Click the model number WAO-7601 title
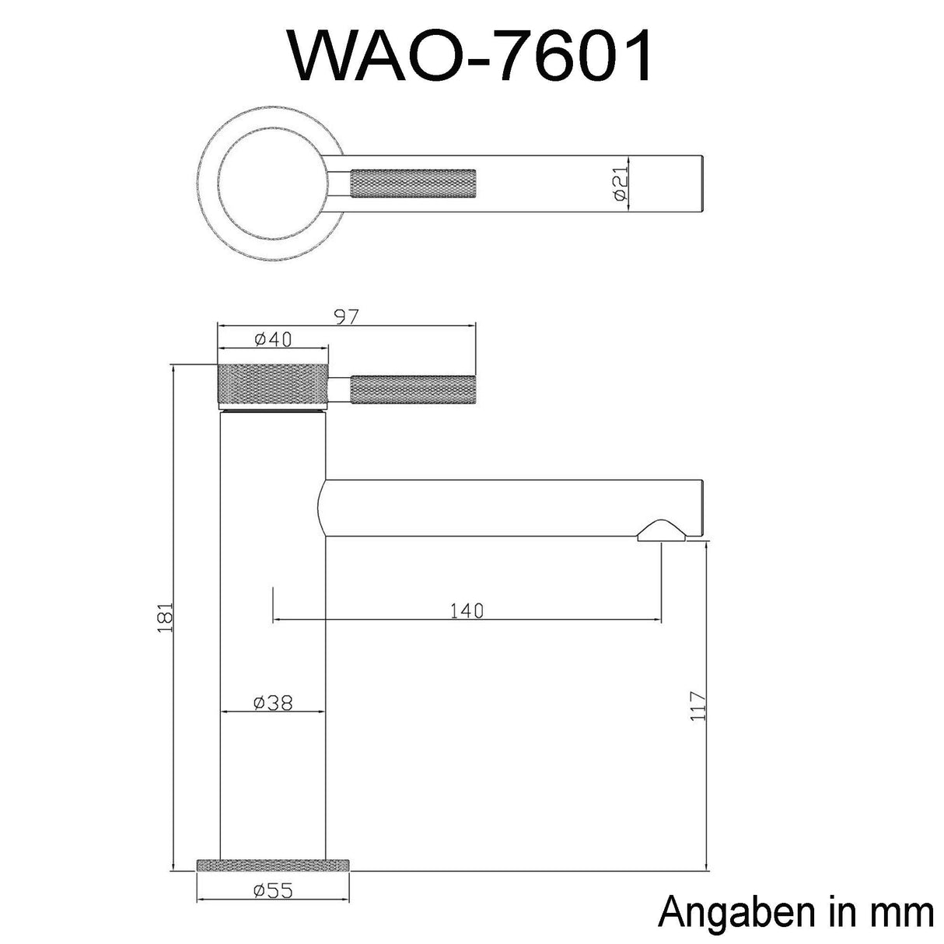[471, 57]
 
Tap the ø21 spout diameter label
[620, 184]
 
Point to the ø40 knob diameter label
[271, 339]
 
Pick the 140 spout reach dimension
[467, 610]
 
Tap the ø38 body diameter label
[273, 702]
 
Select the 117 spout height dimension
[697, 705]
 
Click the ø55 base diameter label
[273, 890]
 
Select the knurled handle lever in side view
[413, 390]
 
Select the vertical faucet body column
[273, 622]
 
